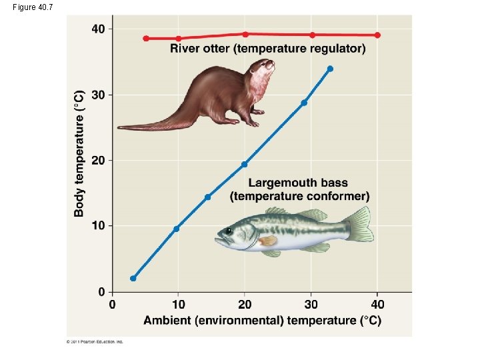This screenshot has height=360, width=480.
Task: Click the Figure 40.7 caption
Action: [x=31, y=7]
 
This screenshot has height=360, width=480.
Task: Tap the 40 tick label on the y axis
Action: [x=98, y=29]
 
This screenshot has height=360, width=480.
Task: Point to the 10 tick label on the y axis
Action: [x=98, y=226]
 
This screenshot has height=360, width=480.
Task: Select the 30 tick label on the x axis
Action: [x=311, y=305]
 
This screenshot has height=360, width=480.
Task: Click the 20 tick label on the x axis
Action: [x=245, y=305]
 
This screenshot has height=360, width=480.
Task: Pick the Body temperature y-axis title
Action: [x=79, y=153]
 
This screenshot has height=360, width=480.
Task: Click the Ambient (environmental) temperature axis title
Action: [x=262, y=320]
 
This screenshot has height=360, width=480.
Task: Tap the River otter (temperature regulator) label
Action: [x=268, y=49]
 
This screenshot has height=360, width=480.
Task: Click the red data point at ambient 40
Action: [x=377, y=35]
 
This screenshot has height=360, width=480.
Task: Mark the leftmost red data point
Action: [x=146, y=39]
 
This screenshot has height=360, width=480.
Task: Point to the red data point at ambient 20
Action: [x=245, y=34]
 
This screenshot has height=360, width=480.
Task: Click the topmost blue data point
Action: [x=330, y=69]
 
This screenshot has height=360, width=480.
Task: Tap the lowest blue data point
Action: [x=133, y=279]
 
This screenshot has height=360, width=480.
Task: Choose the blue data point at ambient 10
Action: [x=176, y=229]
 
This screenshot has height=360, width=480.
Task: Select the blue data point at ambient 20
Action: [x=245, y=164]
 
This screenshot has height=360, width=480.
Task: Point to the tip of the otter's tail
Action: [x=120, y=127]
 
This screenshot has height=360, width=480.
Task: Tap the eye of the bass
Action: [x=229, y=231]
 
